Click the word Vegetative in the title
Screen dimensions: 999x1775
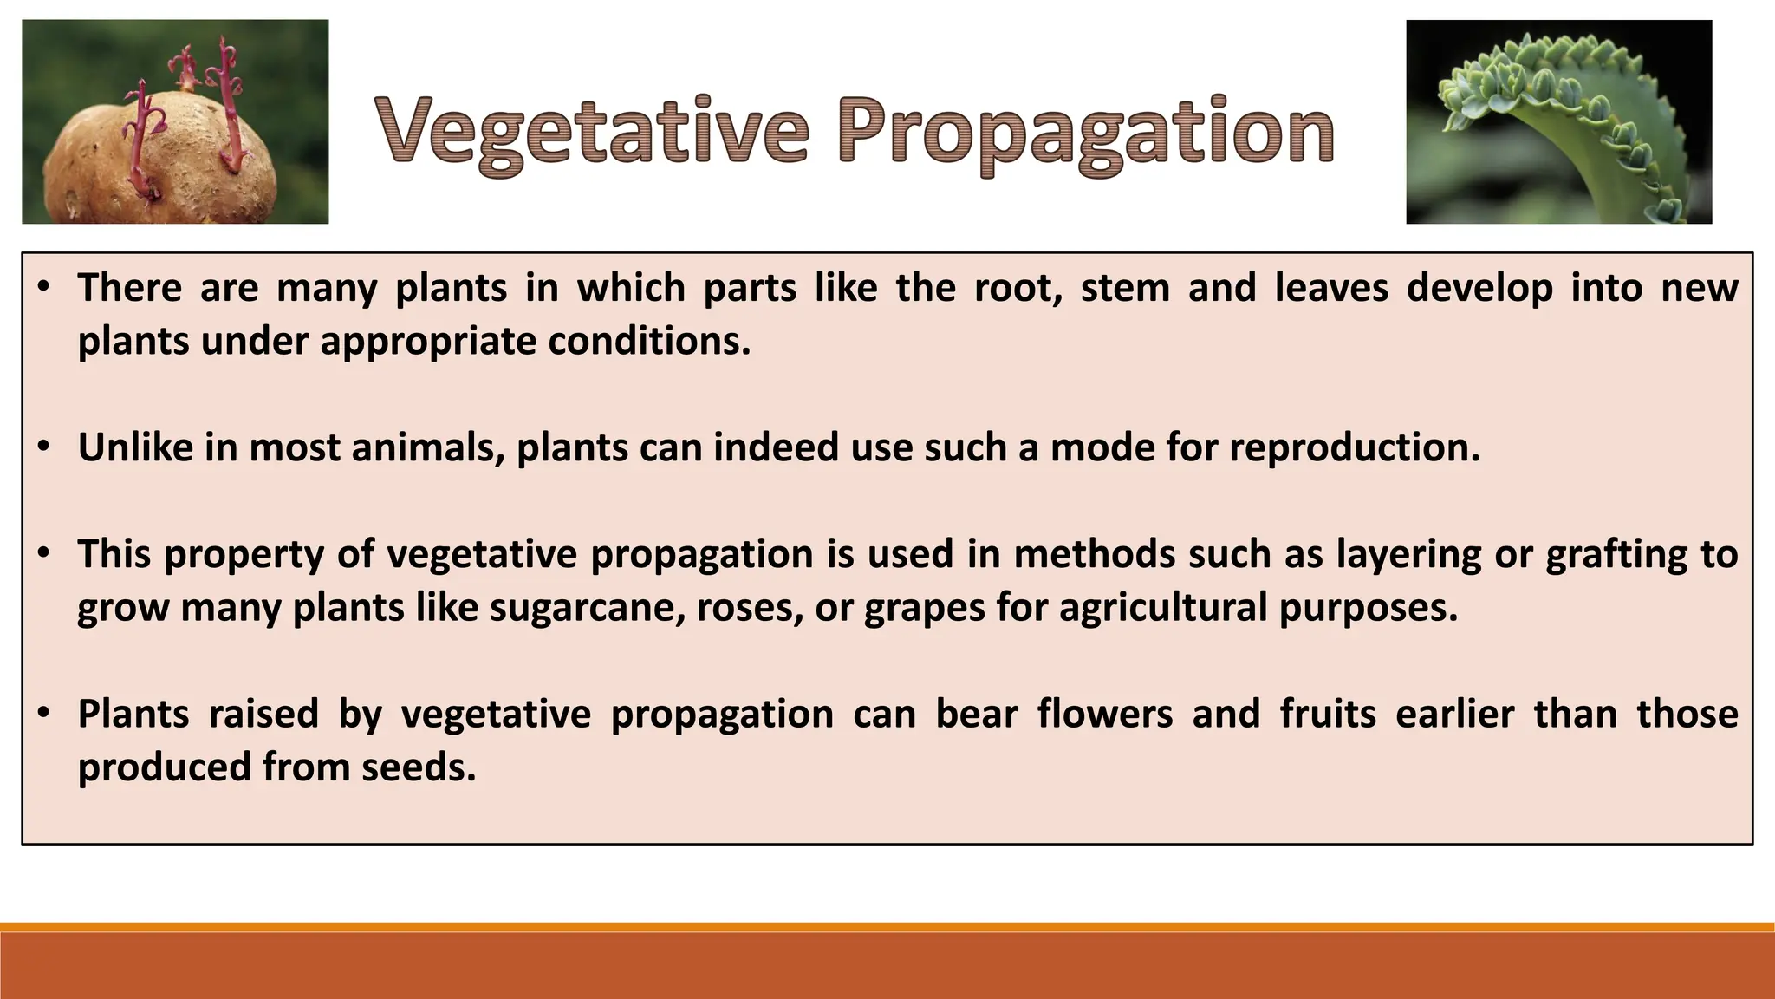pyautogui.click(x=593, y=132)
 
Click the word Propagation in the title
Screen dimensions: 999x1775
pyautogui.click(x=1085, y=132)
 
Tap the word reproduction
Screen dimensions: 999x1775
pyautogui.click(x=1354, y=448)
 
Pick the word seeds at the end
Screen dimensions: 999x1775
pyautogui.click(x=419, y=767)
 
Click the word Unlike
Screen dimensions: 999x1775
pyautogui.click(x=135, y=448)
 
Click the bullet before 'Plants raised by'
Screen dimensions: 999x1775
pyautogui.click(x=44, y=714)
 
